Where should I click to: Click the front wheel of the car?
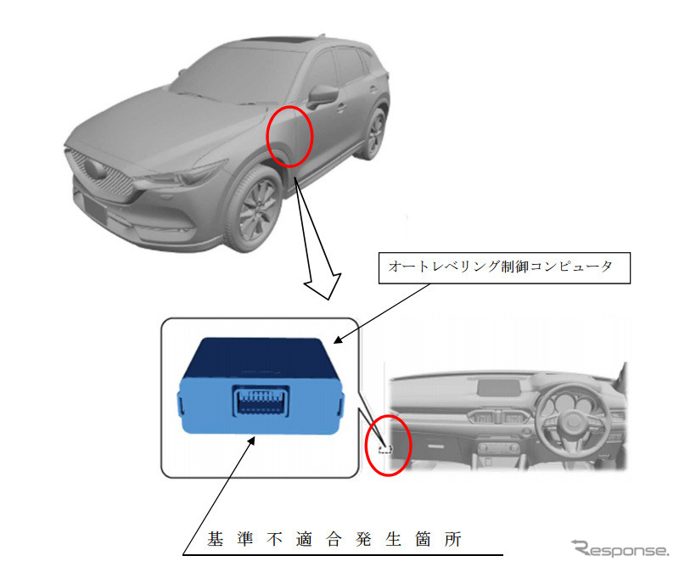pos(258,207)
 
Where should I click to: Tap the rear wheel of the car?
pos(373,133)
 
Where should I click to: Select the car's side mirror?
pos(323,95)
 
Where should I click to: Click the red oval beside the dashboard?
pos(388,444)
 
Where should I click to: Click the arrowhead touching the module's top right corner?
pos(338,340)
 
